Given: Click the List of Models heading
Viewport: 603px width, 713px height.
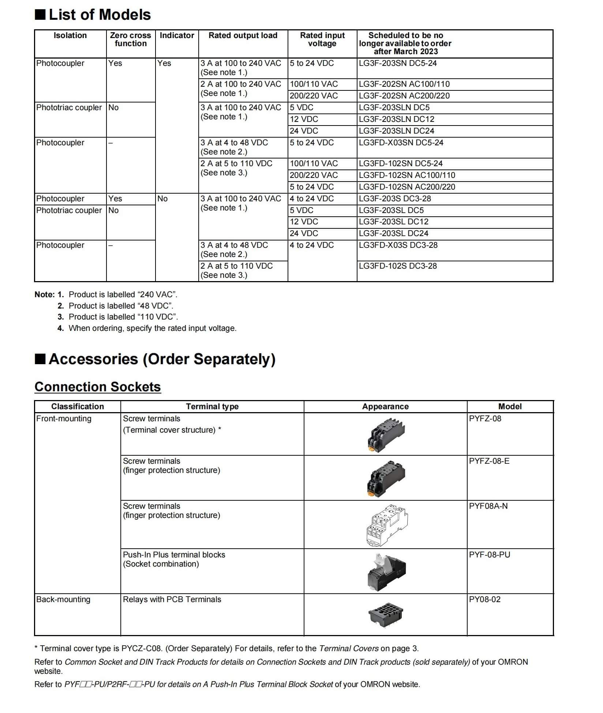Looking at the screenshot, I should coord(100,15).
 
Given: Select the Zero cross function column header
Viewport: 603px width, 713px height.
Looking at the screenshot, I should coord(130,40).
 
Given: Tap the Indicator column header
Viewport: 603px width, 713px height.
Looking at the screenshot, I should coord(177,36).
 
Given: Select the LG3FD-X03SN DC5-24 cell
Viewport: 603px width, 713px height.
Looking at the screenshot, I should coord(401,143).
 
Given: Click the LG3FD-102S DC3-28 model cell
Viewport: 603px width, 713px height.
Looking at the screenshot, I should coord(398,266).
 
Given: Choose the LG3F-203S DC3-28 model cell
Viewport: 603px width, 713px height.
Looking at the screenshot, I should coord(395,199).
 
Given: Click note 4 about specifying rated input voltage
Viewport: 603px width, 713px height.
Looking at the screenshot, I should coord(152,328).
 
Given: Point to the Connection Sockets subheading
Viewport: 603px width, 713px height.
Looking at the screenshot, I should coord(98,387).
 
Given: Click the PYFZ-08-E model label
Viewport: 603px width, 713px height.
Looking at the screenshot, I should coord(489,461).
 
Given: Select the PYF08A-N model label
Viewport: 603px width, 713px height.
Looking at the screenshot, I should coord(488,506).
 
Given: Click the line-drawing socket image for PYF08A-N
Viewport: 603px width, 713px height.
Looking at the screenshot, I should coord(386,525).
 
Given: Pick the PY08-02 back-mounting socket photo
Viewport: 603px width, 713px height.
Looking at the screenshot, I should coord(386,615).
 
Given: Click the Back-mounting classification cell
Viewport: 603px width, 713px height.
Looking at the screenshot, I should coord(63,600).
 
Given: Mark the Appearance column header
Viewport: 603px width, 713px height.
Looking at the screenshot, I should coord(385,407).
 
